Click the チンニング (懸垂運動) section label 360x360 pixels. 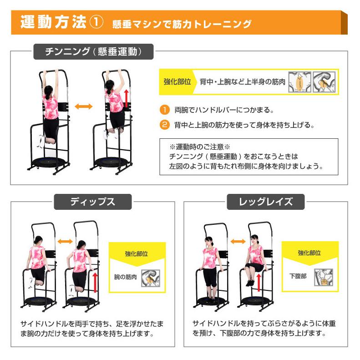point(94,51)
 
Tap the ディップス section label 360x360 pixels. point(93,202)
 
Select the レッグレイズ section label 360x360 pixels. point(266,202)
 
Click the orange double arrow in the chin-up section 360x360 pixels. point(83,106)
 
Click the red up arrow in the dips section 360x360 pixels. point(96,281)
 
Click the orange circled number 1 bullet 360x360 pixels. point(164,110)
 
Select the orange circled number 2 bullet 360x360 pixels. point(164,124)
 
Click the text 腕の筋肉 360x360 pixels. point(125,276)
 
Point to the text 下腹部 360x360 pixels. point(298,276)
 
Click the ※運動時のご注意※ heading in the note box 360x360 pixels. point(200,147)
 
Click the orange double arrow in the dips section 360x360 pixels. point(66,241)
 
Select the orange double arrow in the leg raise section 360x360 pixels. point(237,241)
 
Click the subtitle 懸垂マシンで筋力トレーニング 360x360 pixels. point(182,24)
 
